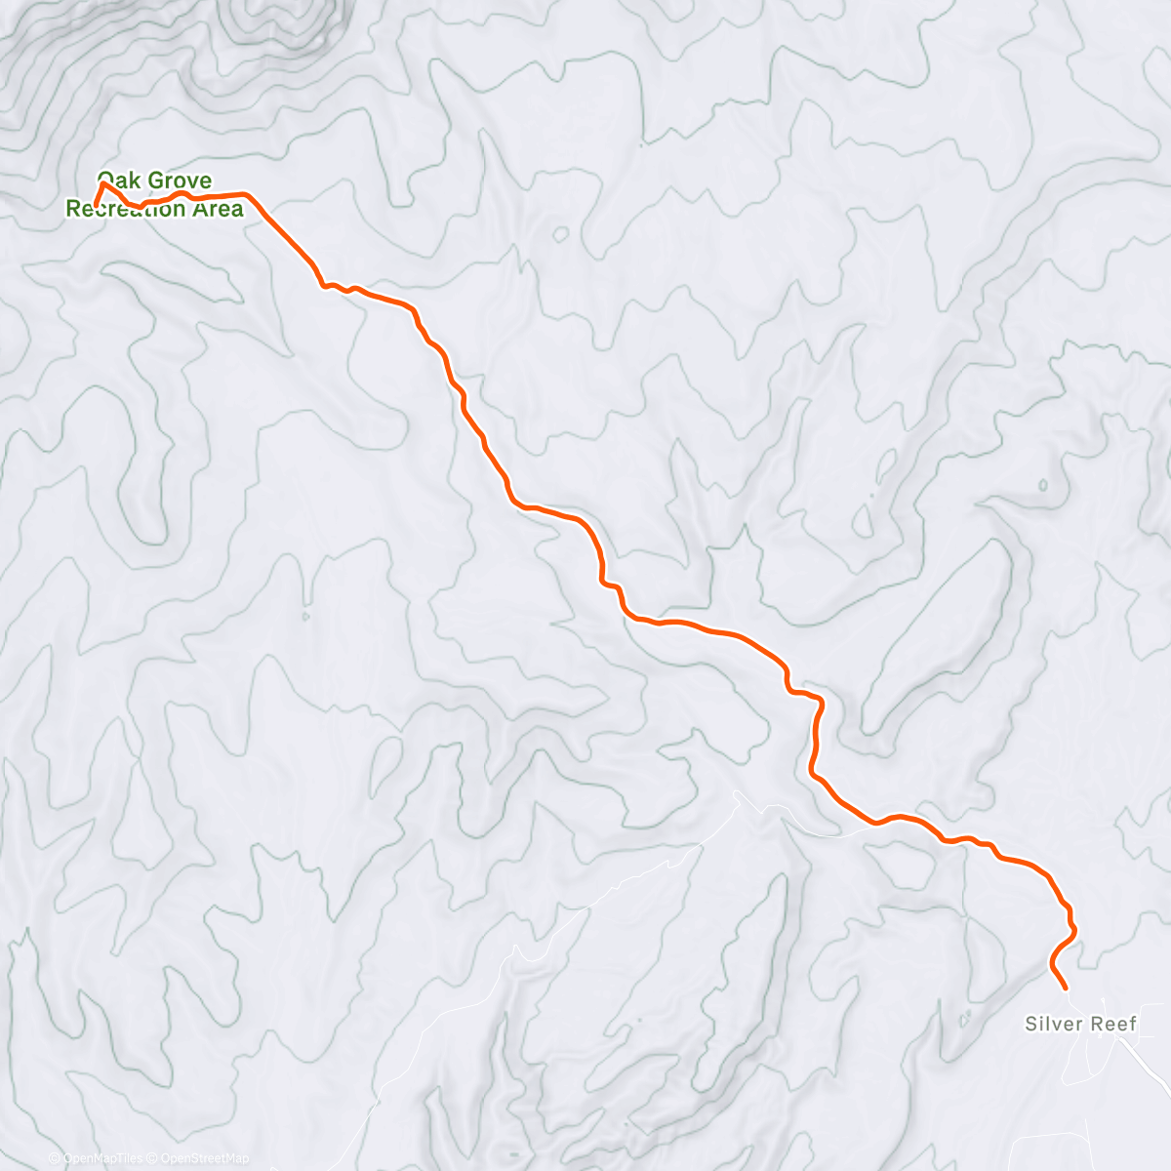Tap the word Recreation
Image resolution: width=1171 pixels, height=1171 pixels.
tap(127, 209)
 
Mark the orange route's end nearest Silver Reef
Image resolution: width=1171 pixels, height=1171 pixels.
tap(1065, 988)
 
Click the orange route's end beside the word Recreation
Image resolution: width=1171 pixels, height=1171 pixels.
tap(95, 205)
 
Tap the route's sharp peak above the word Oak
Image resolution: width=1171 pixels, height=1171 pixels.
tap(102, 183)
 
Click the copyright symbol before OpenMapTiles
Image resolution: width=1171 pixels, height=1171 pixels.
tap(55, 1158)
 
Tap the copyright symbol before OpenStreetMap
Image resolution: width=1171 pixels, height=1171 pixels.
tap(152, 1158)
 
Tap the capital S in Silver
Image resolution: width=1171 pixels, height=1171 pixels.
tap(1030, 1024)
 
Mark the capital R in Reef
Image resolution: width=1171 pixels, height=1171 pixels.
tap(1099, 1024)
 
